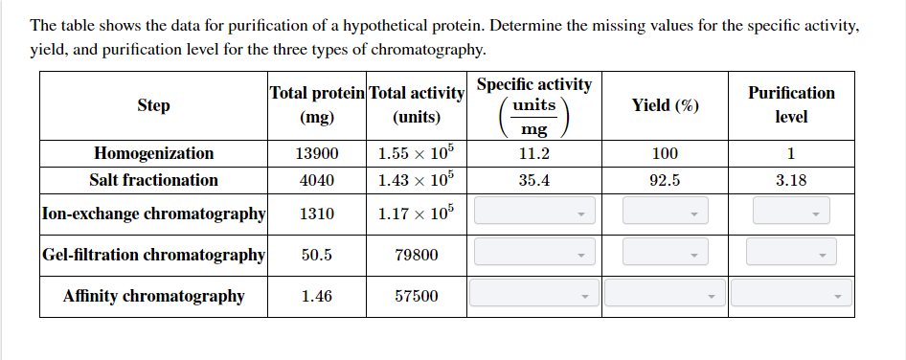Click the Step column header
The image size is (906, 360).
(x=153, y=105)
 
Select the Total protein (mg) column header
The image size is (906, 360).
(x=316, y=105)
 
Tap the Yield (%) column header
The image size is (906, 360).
(x=665, y=105)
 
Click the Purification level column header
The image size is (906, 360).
(x=791, y=105)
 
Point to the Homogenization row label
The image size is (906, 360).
(x=153, y=153)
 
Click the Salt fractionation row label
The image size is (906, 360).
(x=153, y=180)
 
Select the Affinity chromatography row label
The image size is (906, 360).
(x=153, y=296)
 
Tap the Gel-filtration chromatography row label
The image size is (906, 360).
(x=153, y=255)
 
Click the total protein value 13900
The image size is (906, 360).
(x=316, y=153)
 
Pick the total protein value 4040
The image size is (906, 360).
(x=316, y=180)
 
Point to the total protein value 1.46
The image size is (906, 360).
(x=316, y=297)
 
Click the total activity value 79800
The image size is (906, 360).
(x=417, y=255)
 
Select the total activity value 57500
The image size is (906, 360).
(x=417, y=297)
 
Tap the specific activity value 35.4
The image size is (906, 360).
(x=533, y=180)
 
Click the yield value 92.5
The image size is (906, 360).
(x=665, y=180)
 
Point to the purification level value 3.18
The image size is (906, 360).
(x=791, y=180)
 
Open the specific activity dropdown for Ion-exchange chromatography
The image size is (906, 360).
(x=534, y=212)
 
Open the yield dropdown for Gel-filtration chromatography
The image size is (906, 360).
(x=665, y=254)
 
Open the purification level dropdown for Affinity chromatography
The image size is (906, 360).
(x=791, y=295)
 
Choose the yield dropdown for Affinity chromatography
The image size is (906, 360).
(x=665, y=295)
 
